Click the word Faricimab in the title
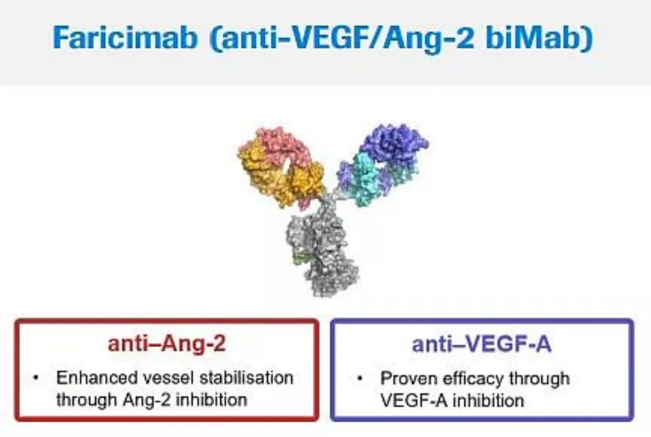click(x=124, y=38)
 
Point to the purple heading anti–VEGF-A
click(x=482, y=344)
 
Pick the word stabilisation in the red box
click(x=246, y=378)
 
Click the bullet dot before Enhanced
click(x=36, y=378)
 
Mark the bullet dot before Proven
click(x=360, y=379)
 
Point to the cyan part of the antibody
click(x=366, y=179)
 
